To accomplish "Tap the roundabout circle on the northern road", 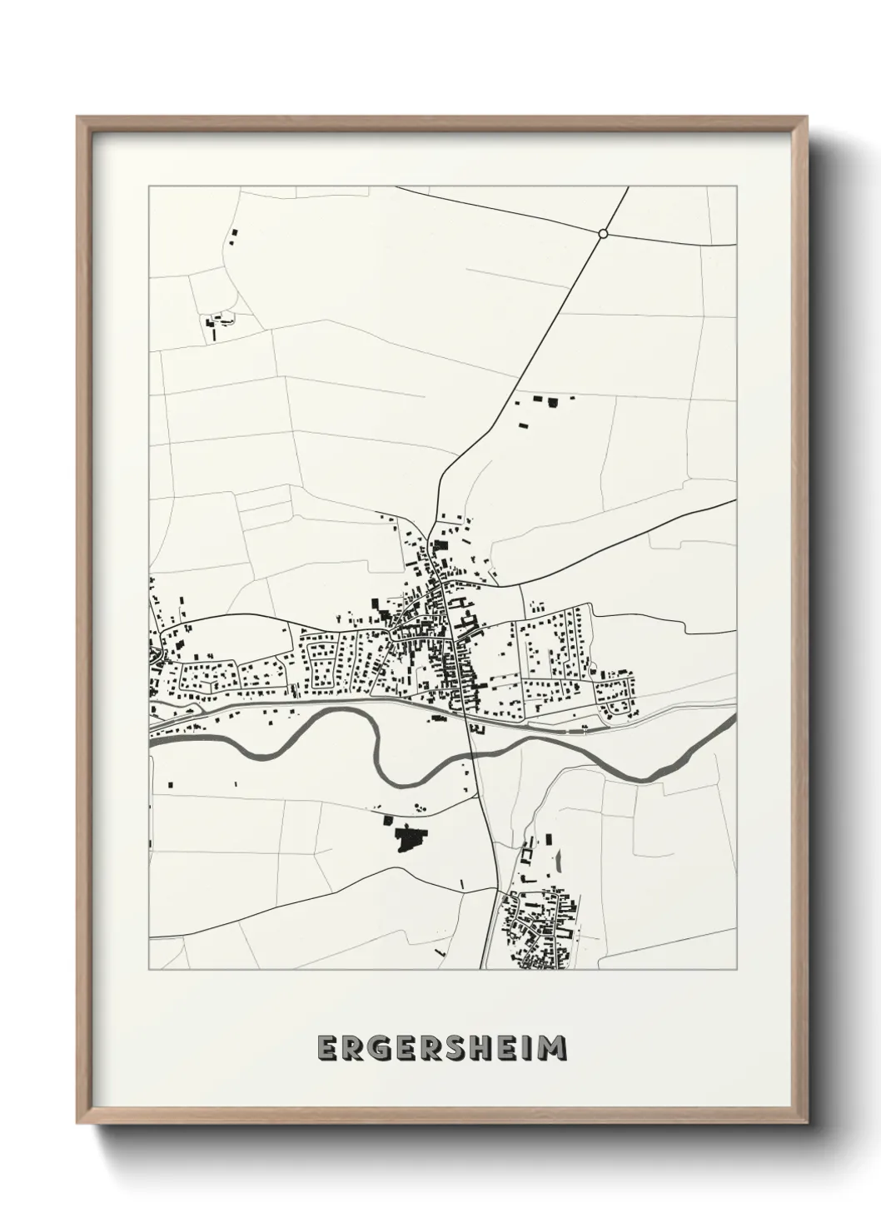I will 603,234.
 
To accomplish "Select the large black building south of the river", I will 408,839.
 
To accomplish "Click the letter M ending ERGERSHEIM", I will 553,1049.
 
